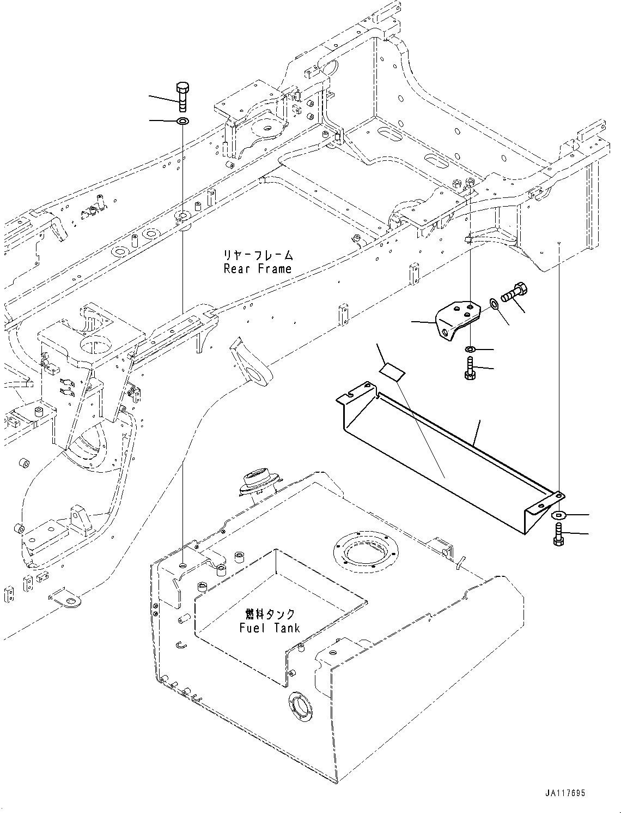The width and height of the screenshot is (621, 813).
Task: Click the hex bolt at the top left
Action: (182, 96)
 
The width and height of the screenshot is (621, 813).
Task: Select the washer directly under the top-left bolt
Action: (182, 121)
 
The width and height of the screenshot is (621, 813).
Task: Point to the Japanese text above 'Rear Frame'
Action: (258, 255)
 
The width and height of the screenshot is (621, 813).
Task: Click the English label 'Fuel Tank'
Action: (270, 628)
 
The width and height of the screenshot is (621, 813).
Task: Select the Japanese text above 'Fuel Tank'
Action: (270, 615)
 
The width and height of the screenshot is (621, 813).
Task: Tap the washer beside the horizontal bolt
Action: (494, 304)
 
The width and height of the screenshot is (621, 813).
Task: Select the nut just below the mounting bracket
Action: (469, 349)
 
